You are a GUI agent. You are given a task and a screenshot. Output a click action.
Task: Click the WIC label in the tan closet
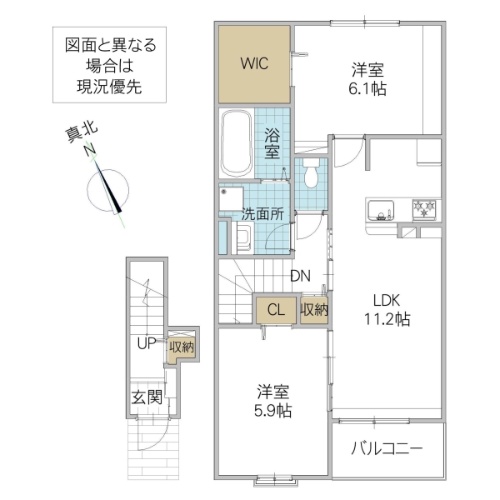click(x=255, y=63)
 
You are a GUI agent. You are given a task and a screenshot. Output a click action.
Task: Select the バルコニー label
click(x=387, y=448)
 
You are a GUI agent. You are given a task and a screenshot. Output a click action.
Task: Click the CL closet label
click(x=276, y=310)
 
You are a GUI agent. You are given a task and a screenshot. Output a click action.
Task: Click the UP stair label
click(x=147, y=342)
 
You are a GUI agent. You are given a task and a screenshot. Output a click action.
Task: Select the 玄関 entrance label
click(x=146, y=397)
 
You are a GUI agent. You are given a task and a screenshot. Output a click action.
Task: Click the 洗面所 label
click(x=263, y=213)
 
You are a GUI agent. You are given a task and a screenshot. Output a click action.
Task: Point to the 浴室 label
click(x=272, y=142)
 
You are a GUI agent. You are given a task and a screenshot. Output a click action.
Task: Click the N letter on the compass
click(x=87, y=148)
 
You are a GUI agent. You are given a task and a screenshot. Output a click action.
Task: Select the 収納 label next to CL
click(x=314, y=310)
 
